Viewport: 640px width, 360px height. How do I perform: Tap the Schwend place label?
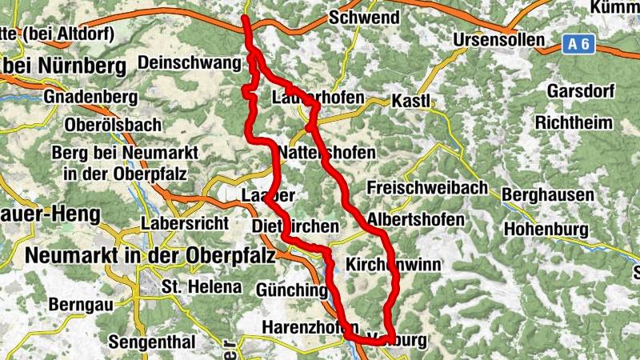364,17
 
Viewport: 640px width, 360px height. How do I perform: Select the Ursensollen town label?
498,39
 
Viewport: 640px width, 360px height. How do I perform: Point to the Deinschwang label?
189,62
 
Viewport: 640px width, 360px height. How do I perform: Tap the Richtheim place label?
574,123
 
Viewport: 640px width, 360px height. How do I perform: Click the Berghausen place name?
548,195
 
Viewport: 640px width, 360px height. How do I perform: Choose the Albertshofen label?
415,219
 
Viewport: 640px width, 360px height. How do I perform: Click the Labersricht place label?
185,223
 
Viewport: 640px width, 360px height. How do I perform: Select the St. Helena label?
190,286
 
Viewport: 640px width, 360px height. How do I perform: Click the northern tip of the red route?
245,18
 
